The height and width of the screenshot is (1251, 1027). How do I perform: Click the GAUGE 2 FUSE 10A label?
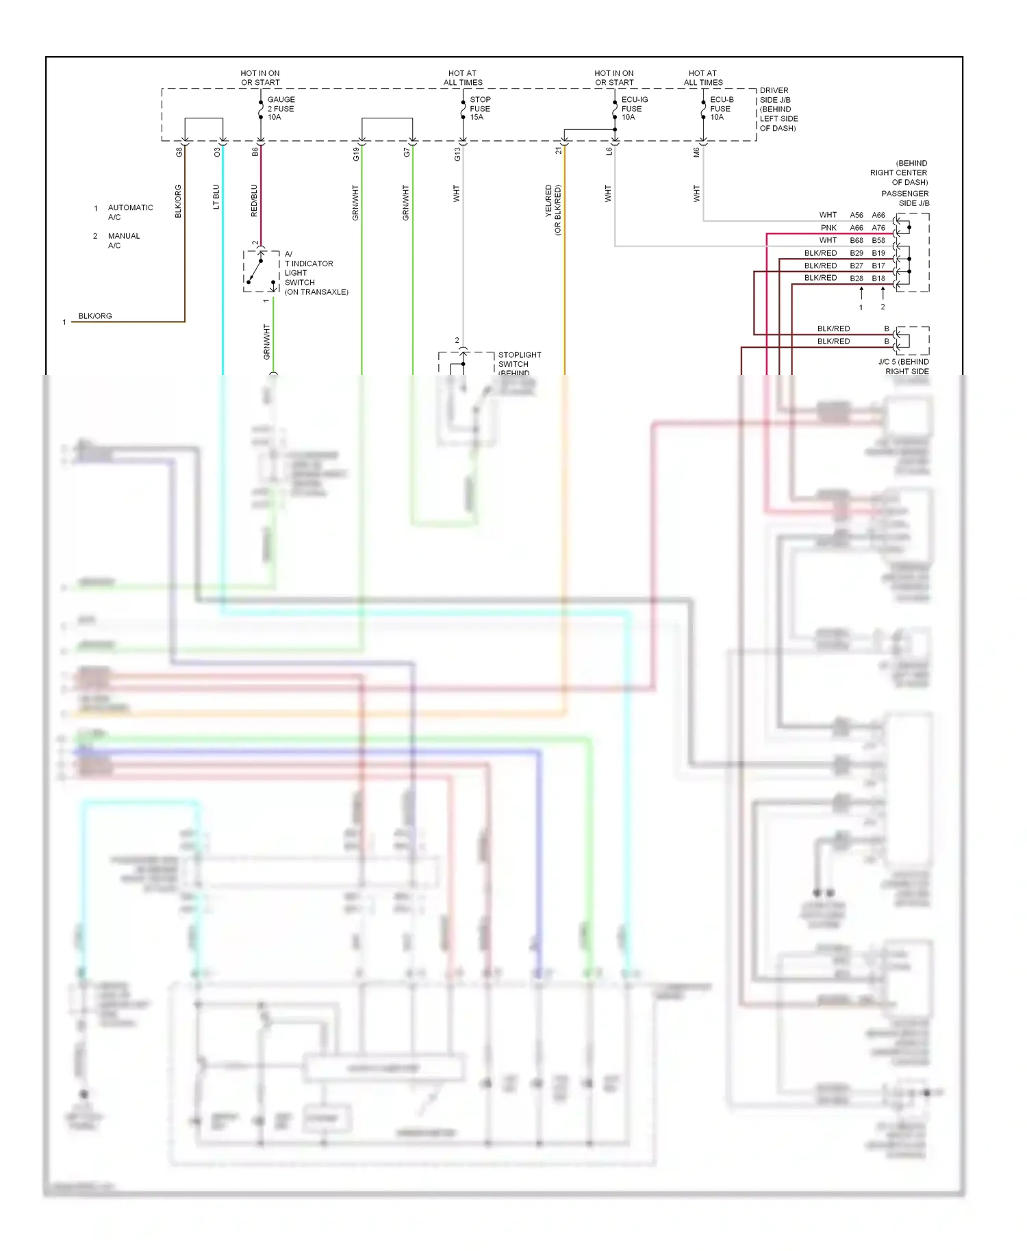(281, 108)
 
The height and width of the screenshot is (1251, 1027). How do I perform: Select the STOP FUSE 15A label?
(480, 108)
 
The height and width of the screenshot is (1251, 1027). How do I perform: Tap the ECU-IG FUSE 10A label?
(634, 108)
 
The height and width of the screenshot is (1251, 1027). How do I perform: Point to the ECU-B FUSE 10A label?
(721, 108)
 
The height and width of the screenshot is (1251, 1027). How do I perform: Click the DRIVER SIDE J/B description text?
(778, 109)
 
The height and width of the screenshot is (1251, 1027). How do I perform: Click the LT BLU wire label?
(216, 196)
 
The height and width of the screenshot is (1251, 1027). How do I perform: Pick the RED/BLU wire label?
(254, 201)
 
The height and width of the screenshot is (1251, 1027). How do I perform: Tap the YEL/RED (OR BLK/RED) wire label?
(553, 209)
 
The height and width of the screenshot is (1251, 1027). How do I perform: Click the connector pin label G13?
(457, 155)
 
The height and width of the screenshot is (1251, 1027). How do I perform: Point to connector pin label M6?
(696, 153)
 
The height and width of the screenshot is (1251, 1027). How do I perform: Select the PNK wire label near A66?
(828, 228)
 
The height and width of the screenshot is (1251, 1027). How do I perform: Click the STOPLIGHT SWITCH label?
(519, 360)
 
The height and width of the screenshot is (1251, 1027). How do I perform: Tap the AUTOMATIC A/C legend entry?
(130, 212)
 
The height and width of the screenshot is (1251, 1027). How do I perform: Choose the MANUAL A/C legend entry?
(123, 241)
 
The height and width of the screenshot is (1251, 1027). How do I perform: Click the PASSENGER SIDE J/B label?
(904, 198)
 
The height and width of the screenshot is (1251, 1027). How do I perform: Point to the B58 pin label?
(878, 241)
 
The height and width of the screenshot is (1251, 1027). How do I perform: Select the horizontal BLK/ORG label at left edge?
(95, 316)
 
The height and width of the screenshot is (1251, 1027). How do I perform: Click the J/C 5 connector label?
(904, 366)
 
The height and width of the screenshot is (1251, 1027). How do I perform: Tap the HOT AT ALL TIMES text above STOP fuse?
(463, 78)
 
